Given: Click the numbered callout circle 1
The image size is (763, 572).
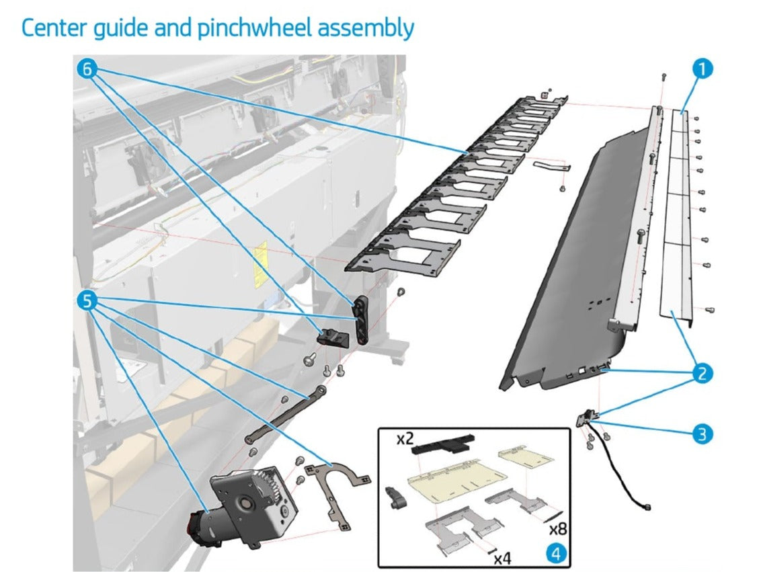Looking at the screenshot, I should click(702, 69).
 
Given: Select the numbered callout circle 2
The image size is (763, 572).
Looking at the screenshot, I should click(702, 373).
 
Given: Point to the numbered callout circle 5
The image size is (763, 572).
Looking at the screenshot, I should click(87, 301).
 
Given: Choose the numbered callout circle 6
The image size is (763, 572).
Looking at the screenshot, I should click(87, 69).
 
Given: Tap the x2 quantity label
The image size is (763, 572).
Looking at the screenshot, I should click(405, 440).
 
